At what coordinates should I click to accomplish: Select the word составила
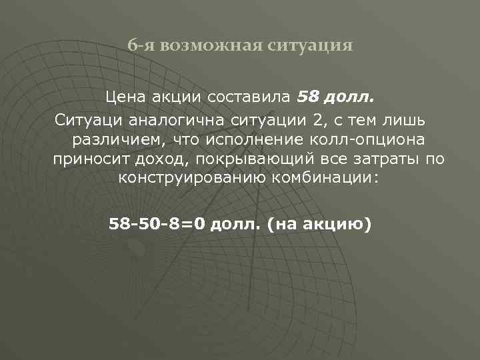(250, 99)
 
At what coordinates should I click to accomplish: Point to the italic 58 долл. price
(336, 99)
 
